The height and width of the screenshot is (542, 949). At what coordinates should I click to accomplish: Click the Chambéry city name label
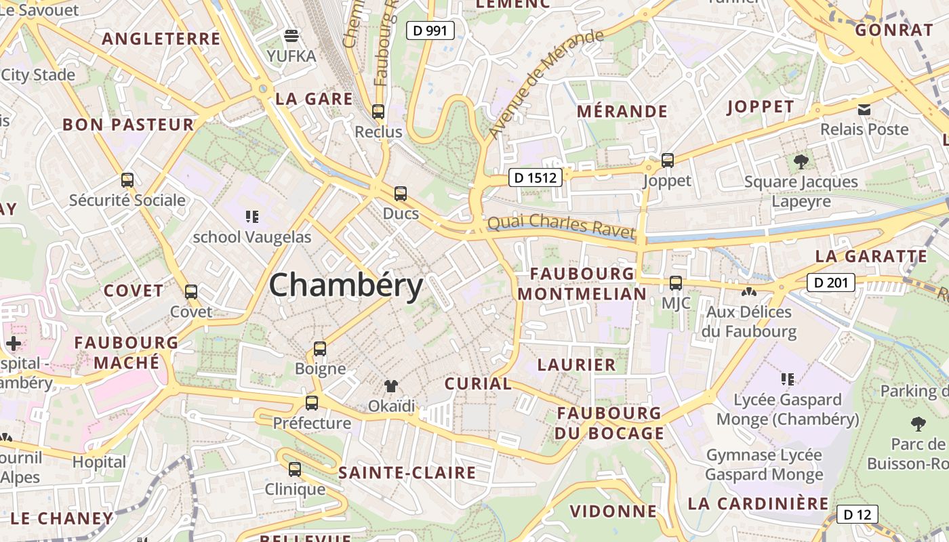pos(346,285)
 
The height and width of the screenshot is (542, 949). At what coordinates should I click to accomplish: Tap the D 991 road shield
pos(430,30)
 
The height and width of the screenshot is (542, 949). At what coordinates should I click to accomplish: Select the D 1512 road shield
pos(536,178)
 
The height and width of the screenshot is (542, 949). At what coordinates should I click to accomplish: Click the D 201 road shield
pos(830,283)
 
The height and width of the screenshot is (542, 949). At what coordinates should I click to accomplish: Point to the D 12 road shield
pos(857,515)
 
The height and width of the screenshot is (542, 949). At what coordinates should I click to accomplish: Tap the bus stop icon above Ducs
pos(401,194)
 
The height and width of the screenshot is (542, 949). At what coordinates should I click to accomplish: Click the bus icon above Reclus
pos(378,112)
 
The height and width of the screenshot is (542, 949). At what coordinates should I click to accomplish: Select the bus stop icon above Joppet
pos(668,161)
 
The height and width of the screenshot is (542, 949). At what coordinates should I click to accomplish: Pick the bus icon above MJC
pos(676,283)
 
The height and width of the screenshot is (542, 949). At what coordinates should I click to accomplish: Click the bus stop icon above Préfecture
pos(312,403)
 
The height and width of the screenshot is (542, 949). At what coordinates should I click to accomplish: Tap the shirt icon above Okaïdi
pos(391,386)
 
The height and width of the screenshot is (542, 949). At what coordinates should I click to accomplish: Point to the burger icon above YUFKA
pos(291,35)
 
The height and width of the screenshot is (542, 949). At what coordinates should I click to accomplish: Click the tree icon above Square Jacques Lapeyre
pos(801,161)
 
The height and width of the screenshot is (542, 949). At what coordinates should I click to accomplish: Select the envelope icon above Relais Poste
pos(864,109)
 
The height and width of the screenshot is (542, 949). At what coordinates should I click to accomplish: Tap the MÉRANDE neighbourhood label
pos(622,111)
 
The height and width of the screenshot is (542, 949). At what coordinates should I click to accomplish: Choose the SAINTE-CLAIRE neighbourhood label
pos(407,473)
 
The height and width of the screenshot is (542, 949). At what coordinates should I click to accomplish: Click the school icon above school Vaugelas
pos(252,217)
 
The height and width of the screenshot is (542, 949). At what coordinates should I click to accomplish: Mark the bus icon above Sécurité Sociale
pos(127,180)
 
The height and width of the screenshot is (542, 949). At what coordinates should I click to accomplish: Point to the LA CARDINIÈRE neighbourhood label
pos(758,503)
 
